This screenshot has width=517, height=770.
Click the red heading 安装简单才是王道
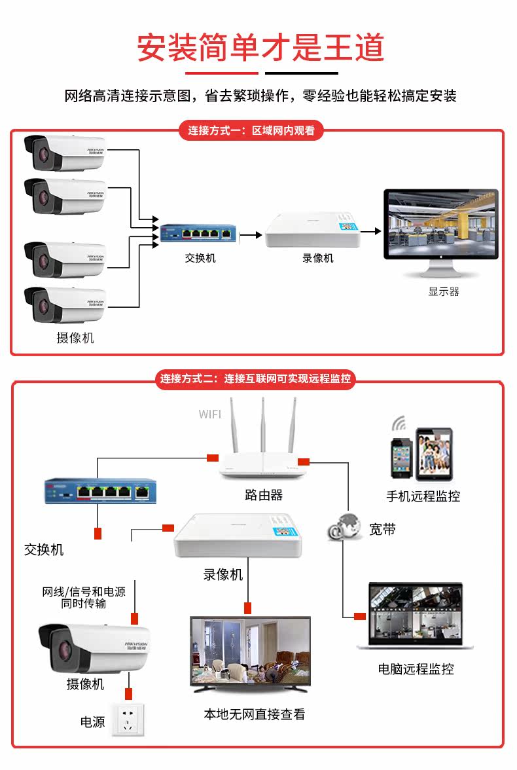(260, 47)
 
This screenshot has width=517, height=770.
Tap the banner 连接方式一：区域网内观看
(251, 130)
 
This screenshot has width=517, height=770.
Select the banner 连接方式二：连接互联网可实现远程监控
(255, 378)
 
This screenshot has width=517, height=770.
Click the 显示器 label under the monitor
(444, 291)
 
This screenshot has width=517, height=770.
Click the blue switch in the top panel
(199, 233)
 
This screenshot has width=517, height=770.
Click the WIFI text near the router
(210, 414)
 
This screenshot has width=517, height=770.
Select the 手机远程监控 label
(423, 496)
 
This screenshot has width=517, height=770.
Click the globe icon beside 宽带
(346, 527)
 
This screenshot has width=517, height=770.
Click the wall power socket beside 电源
(128, 720)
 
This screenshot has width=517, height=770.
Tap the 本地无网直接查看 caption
(254, 714)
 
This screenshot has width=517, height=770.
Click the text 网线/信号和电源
(83, 592)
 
